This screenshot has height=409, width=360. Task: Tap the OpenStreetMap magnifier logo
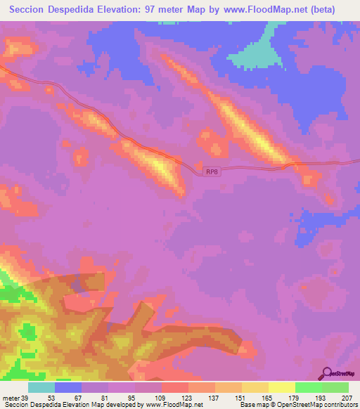tap(327, 372)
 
